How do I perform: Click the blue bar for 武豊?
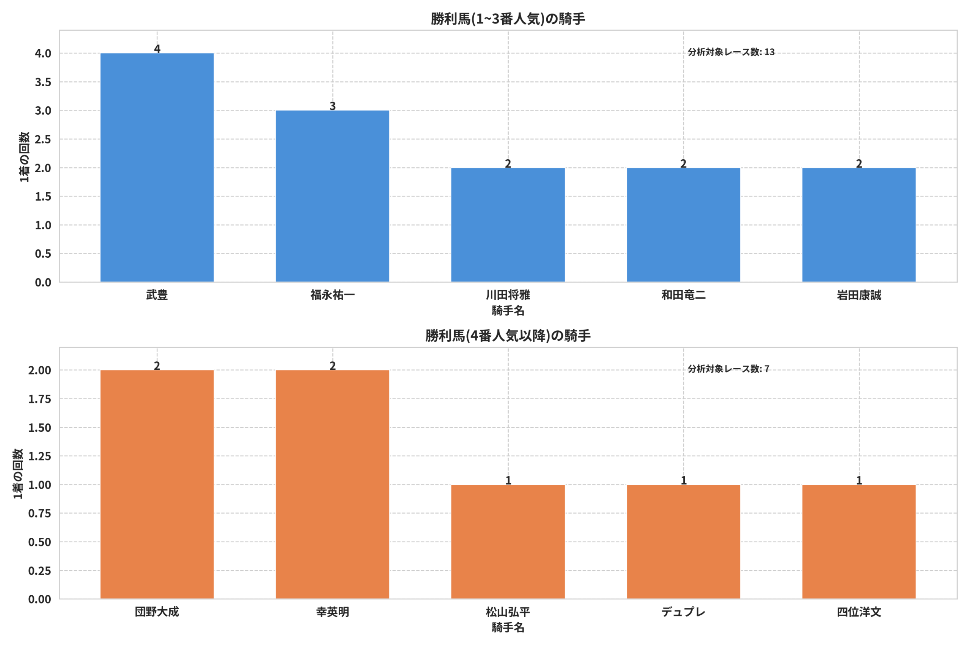[x=157, y=168]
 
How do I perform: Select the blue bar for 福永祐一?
[x=332, y=196]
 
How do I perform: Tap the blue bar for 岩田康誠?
[x=859, y=225]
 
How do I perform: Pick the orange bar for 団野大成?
[x=157, y=484]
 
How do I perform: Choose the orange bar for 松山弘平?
[x=508, y=542]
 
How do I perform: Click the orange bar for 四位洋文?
[x=859, y=542]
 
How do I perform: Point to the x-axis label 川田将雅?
[x=508, y=295]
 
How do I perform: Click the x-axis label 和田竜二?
[x=684, y=295]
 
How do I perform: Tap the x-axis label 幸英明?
[x=332, y=612]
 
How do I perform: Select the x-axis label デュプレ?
[x=684, y=612]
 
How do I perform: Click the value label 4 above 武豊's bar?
[x=157, y=48]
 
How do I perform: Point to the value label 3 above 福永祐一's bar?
[x=332, y=106]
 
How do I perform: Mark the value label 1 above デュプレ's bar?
[x=684, y=480]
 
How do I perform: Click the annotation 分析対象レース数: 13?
[x=731, y=52]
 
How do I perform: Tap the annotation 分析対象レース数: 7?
[x=728, y=369]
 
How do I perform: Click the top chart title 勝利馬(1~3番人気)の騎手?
[x=508, y=19]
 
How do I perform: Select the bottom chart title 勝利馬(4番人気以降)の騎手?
[x=508, y=336]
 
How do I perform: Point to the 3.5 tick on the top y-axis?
[x=43, y=82]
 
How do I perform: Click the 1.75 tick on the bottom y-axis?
[x=39, y=399]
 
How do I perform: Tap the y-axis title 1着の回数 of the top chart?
[x=24, y=157]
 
